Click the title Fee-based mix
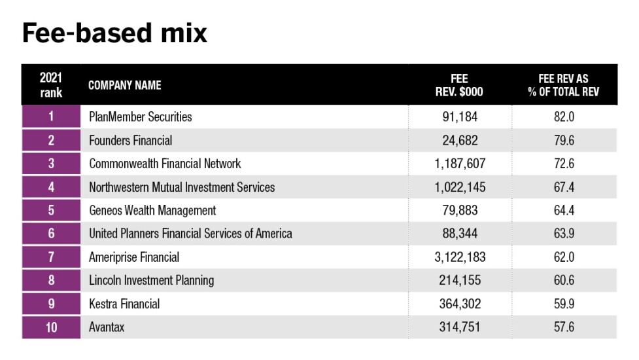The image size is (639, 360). tap(114, 33)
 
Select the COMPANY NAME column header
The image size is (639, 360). tap(124, 85)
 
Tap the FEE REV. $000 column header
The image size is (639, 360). tap(459, 85)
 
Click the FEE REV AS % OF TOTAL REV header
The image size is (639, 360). tap(563, 85)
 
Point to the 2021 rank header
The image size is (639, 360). tap(51, 85)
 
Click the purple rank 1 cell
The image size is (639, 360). tap(51, 117)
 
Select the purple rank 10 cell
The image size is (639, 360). tap(51, 327)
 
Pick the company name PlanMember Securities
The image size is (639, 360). tap(141, 117)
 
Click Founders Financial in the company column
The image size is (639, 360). tap(131, 141)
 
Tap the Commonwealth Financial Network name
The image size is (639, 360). tap(165, 164)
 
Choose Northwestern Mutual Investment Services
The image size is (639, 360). tap(182, 187)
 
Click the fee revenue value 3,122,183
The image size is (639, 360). tap(460, 257)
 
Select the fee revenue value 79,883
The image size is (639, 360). tap(460, 211)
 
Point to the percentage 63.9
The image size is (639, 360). tap(564, 234)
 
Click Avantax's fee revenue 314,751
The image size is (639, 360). tap(460, 327)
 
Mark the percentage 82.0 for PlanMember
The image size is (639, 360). tap(564, 117)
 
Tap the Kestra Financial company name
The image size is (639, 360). tap(124, 304)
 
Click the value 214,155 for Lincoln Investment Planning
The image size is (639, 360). tap(460, 280)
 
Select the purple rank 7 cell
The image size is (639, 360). tap(51, 257)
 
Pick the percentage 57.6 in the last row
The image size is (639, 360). tap(564, 327)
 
